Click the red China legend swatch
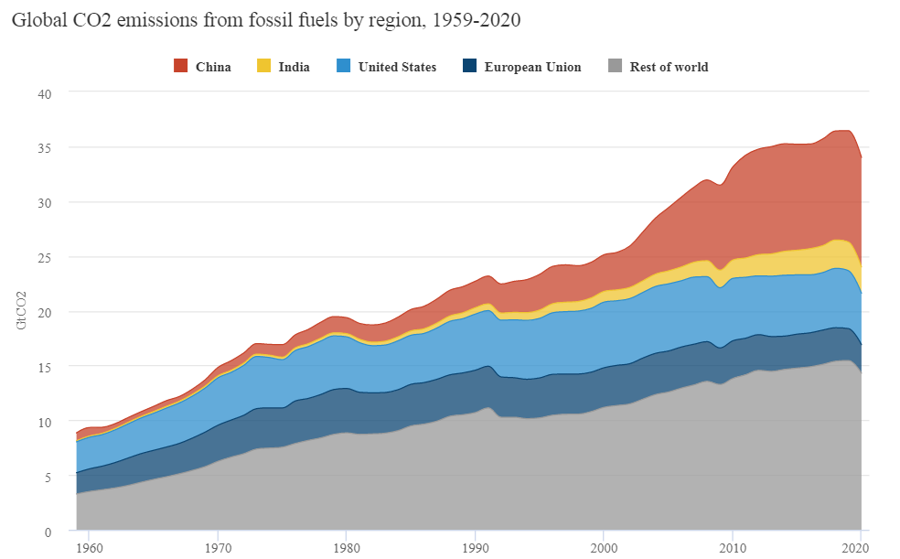(180, 66)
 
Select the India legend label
(294, 67)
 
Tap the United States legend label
(397, 67)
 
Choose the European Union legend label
(532, 67)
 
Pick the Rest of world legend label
(669, 67)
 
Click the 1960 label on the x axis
(90, 548)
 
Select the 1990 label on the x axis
(475, 548)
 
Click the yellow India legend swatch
(263, 66)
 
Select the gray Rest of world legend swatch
(615, 66)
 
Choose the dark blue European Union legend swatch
(469, 66)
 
